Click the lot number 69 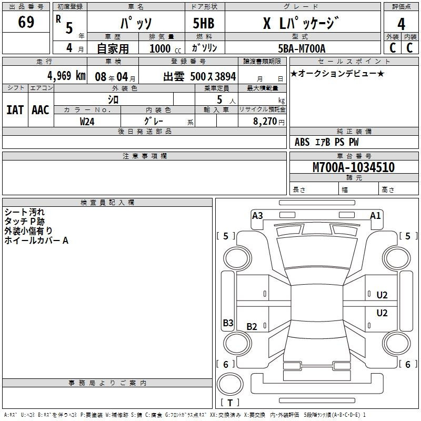[x=26, y=22]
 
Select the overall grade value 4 [x=401, y=24]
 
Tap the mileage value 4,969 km [x=66, y=75]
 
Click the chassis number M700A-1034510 [x=353, y=168]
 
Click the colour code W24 [x=87, y=121]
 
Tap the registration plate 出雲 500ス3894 [x=199, y=76]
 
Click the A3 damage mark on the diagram [x=257, y=215]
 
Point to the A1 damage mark [x=375, y=215]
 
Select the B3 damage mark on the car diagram [x=228, y=323]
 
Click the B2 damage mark [x=252, y=327]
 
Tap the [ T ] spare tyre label [x=230, y=403]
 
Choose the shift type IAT [x=15, y=110]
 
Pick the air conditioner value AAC [x=41, y=110]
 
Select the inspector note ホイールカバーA [x=36, y=240]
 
